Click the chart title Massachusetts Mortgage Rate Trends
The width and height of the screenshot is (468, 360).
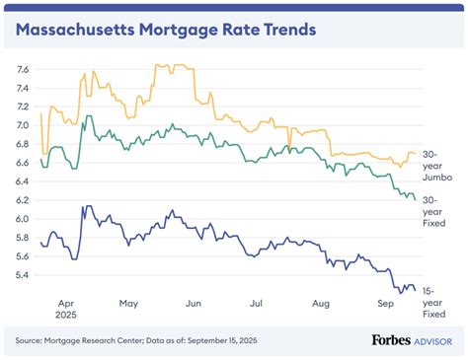[x=166, y=29]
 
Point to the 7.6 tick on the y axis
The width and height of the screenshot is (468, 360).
[x=23, y=69]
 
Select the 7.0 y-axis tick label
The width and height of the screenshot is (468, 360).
[x=23, y=125]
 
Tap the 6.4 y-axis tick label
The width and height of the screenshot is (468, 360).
[x=23, y=181]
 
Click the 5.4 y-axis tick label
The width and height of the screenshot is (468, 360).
[x=23, y=275]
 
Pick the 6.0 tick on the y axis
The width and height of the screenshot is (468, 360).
[x=23, y=219]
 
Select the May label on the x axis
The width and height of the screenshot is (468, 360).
[x=129, y=305]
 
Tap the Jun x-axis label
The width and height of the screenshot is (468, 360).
[x=194, y=305]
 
